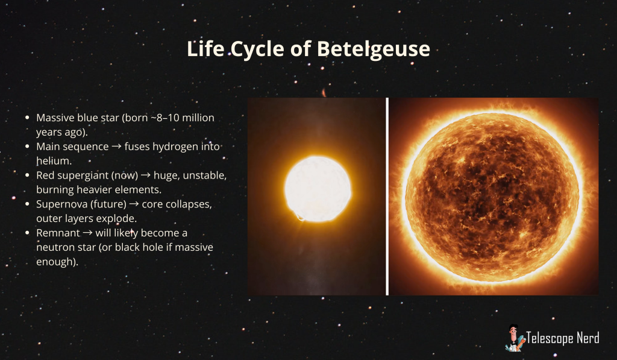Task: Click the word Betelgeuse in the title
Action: click(x=374, y=49)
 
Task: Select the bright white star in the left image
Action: click(x=318, y=189)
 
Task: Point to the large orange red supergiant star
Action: click(x=492, y=197)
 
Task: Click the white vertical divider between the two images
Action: click(x=387, y=196)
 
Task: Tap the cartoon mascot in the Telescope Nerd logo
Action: click(x=515, y=338)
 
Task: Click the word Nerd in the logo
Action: click(x=588, y=338)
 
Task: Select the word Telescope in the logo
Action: click(x=550, y=338)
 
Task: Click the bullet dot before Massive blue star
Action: click(x=27, y=118)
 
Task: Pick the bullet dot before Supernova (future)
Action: click(x=27, y=204)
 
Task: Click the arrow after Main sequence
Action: click(x=116, y=147)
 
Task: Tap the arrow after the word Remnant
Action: click(x=88, y=233)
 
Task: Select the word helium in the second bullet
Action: click(x=54, y=160)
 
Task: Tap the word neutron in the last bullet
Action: click(x=52, y=248)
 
